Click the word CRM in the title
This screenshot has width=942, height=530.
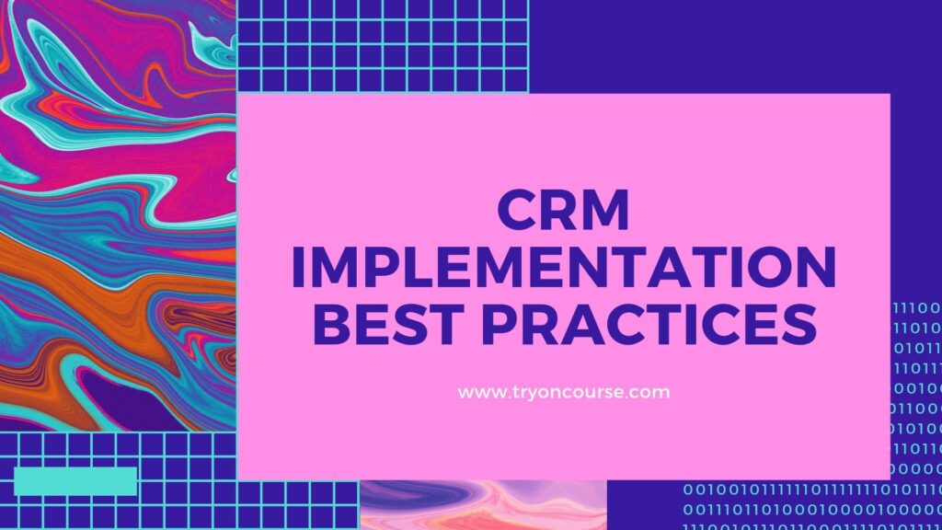click(564, 210)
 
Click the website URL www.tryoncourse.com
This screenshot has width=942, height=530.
click(564, 392)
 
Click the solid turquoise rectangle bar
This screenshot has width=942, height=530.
click(75, 481)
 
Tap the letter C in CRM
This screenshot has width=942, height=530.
click(517, 210)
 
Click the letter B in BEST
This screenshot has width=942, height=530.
click(331, 324)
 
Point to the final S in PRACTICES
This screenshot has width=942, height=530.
click(800, 324)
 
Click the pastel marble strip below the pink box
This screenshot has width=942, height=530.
click(483, 505)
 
